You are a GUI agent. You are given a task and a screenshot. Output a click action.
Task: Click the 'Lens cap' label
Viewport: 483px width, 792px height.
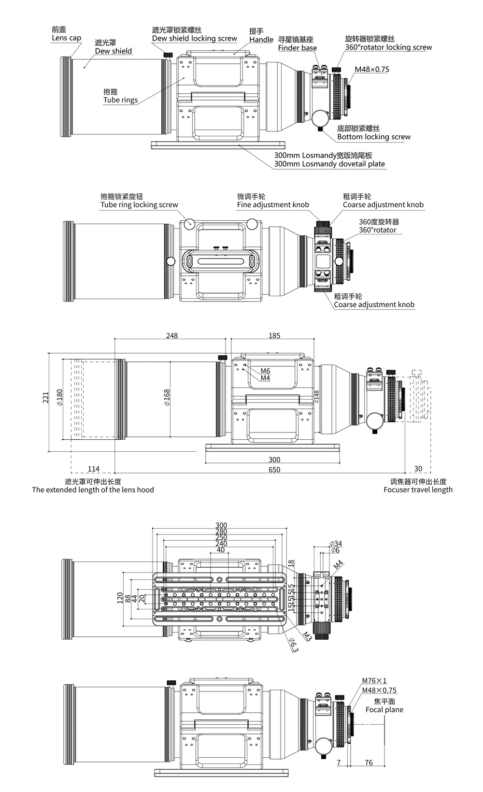coord(66,38)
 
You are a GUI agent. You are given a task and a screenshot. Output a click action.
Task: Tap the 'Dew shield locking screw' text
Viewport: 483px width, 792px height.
coord(194,39)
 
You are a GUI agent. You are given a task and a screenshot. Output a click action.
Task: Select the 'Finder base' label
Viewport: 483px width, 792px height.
coord(297,48)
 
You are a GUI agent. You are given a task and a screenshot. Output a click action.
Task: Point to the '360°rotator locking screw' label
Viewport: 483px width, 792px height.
coord(388,47)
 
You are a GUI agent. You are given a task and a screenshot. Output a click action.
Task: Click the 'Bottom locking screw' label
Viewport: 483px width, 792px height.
coord(373,137)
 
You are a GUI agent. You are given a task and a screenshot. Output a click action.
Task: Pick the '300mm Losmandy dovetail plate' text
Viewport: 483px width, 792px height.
coord(329,164)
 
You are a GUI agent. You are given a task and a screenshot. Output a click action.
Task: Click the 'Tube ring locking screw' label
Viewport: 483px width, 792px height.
coord(139,205)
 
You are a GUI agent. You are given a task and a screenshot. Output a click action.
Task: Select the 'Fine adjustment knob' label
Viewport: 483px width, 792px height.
coord(273,205)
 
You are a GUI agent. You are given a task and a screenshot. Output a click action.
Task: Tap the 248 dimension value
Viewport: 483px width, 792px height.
coord(171,336)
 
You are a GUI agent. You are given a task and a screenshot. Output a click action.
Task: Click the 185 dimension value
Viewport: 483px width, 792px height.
coord(274,336)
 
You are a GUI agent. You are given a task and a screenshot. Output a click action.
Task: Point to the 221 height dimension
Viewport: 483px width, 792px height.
coord(46,397)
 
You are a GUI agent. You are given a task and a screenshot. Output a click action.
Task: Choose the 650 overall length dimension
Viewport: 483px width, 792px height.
coord(274,469)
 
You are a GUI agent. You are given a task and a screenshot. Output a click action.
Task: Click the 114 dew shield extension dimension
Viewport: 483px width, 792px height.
coord(93,469)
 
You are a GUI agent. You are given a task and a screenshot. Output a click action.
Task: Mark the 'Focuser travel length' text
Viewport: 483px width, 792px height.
coord(418,490)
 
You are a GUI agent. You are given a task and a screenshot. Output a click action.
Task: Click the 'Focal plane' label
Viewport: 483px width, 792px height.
coord(384,710)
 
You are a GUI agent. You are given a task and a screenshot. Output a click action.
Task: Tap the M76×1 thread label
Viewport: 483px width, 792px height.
coord(374,681)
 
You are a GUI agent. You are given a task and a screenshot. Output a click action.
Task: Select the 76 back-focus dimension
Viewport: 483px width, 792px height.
coord(369,763)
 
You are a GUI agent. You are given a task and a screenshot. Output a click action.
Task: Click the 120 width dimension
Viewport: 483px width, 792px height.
coord(120,598)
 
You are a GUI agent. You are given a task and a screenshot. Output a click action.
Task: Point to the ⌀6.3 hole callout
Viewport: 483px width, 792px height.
coord(294,645)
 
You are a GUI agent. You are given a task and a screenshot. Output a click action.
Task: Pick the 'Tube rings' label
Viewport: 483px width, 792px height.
coord(120,100)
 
